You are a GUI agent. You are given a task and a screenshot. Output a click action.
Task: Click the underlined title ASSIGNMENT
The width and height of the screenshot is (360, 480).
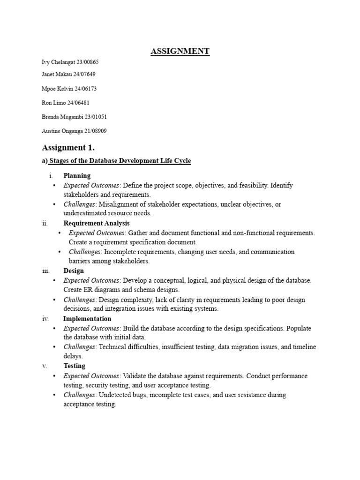pyautogui.click(x=180, y=52)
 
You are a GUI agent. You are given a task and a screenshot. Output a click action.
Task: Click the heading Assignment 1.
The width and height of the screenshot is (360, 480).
pyautogui.click(x=68, y=148)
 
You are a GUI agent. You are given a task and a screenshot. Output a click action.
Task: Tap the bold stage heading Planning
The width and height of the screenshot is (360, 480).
pyautogui.click(x=77, y=176)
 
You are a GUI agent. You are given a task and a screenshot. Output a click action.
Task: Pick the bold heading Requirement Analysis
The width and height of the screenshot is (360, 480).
pyautogui.click(x=97, y=223)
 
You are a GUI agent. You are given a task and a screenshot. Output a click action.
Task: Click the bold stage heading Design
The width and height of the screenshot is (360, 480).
pyautogui.click(x=74, y=270)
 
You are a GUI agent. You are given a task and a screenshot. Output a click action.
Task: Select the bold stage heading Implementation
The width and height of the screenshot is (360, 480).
pyautogui.click(x=87, y=319)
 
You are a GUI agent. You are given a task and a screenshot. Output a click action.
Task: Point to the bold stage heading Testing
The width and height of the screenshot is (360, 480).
pyautogui.click(x=75, y=366)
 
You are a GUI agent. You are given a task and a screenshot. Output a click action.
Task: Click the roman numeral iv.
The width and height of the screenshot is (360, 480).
pyautogui.click(x=45, y=319)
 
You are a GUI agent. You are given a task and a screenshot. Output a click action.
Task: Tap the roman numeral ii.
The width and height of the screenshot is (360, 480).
pyautogui.click(x=45, y=223)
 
